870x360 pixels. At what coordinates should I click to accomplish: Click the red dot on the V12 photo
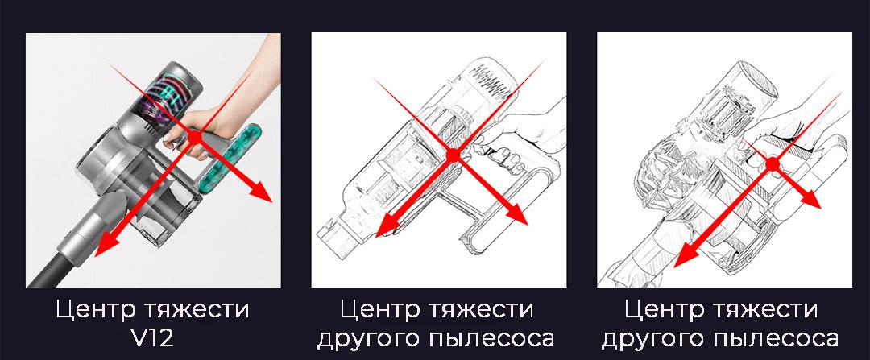[195, 136]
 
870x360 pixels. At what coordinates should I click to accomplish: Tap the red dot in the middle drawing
[454, 156]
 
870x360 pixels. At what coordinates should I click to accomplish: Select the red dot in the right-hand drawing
[773, 164]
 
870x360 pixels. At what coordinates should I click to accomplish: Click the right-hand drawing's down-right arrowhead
[810, 200]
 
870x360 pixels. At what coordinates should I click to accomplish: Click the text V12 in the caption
[153, 337]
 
